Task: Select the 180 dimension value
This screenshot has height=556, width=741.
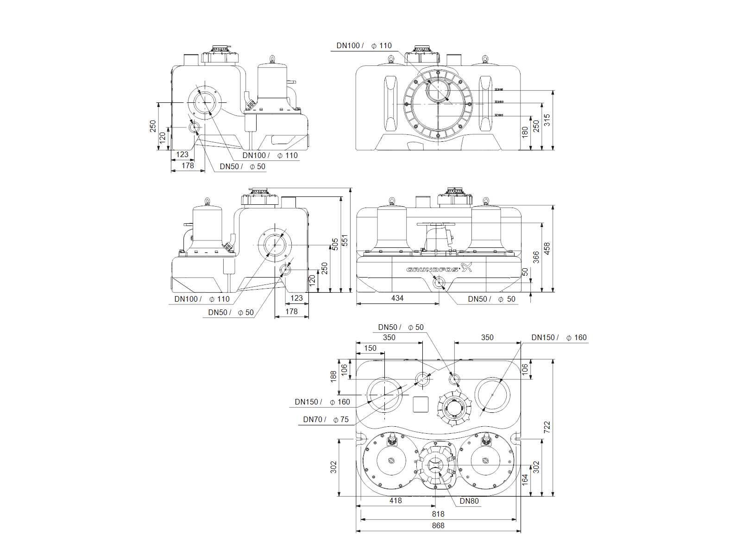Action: point(525,133)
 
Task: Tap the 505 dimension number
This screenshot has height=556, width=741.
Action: point(335,244)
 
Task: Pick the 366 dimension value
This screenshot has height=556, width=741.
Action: point(536,258)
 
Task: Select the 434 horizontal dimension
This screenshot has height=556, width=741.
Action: point(397,298)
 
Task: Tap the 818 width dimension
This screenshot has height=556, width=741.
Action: point(438,514)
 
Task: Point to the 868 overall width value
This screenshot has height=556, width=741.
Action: point(438,525)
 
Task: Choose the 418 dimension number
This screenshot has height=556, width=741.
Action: point(396,500)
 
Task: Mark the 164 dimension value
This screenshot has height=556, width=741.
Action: point(525,479)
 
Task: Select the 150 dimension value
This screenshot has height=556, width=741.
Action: point(370,348)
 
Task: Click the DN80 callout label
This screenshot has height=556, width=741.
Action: point(469,501)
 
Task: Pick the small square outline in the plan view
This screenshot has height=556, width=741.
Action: point(421,405)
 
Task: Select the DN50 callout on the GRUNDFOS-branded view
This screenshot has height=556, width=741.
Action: point(491,299)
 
